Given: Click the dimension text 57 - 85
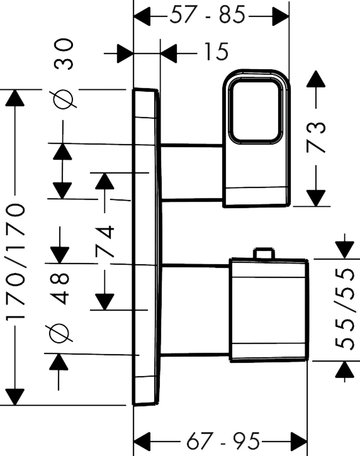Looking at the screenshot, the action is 207,15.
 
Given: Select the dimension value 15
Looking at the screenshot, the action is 216,52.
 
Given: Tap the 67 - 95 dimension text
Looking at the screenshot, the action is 223,441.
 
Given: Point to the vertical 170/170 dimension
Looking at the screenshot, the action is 15,261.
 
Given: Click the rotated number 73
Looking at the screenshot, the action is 316,137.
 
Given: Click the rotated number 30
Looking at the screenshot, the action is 63,54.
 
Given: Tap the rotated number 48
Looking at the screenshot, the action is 59,289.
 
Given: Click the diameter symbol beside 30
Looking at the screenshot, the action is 63,99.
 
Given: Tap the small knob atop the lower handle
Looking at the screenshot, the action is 264,253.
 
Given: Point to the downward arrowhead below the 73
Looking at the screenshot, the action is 316,198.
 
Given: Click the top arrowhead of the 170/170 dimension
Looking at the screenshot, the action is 15,98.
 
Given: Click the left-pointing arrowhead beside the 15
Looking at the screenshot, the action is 168,53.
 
